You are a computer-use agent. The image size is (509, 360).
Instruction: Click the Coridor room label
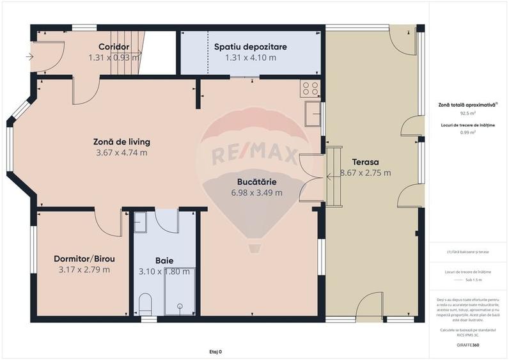pos(114,47)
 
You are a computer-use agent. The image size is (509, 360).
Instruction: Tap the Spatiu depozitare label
pos(250,47)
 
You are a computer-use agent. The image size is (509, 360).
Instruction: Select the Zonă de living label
pos(121,141)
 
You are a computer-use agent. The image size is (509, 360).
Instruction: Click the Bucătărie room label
pos(256,181)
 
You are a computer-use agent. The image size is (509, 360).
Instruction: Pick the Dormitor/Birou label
pos(84,258)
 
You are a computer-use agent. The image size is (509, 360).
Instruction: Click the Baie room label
pos(164,260)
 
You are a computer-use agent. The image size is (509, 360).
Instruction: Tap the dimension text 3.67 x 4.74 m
pos(121,152)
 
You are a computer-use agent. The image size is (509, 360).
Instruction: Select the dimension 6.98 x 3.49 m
pos(256,192)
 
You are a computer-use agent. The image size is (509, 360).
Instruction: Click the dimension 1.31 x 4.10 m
pos(250,58)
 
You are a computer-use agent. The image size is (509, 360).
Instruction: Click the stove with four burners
pos(310,88)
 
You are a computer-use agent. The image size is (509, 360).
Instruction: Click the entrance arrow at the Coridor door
pos(30,57)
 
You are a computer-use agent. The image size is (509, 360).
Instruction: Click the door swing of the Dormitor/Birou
pos(107,223)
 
